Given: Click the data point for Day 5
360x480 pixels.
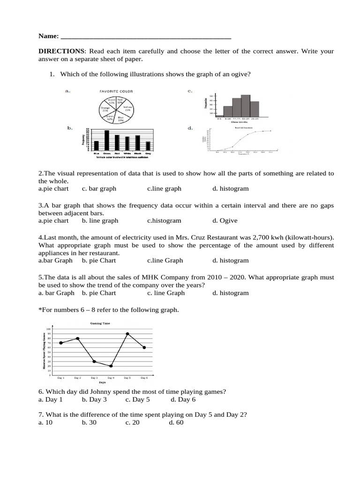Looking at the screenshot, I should [x=127, y=334].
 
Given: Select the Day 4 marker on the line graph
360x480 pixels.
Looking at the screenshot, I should [x=111, y=366].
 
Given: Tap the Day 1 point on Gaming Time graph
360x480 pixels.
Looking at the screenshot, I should [x=61, y=343].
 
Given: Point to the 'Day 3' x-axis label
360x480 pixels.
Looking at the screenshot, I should [x=94, y=377].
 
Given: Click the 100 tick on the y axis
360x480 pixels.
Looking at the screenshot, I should [x=48, y=329].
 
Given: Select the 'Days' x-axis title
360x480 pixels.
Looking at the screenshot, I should [x=102, y=382].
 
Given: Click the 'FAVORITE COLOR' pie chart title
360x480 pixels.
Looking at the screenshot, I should [x=116, y=91].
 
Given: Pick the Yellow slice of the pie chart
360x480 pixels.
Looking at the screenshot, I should [x=127, y=108].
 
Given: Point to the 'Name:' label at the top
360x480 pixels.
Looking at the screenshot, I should [x=48, y=36].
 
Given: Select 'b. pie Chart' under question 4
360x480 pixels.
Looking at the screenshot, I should [x=98, y=260].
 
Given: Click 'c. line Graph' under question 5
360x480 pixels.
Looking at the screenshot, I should [x=165, y=293].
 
